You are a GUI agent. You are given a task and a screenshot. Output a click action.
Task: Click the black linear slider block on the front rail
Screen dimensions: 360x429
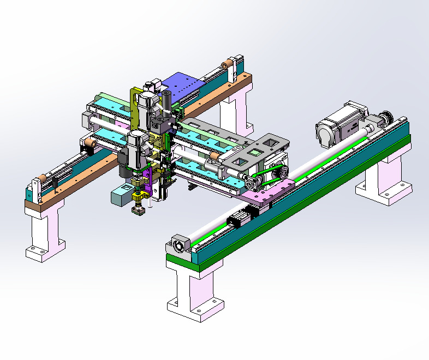(x=240, y=219)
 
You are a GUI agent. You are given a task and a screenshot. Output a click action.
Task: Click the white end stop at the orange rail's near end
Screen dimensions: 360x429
(x=36, y=188)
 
